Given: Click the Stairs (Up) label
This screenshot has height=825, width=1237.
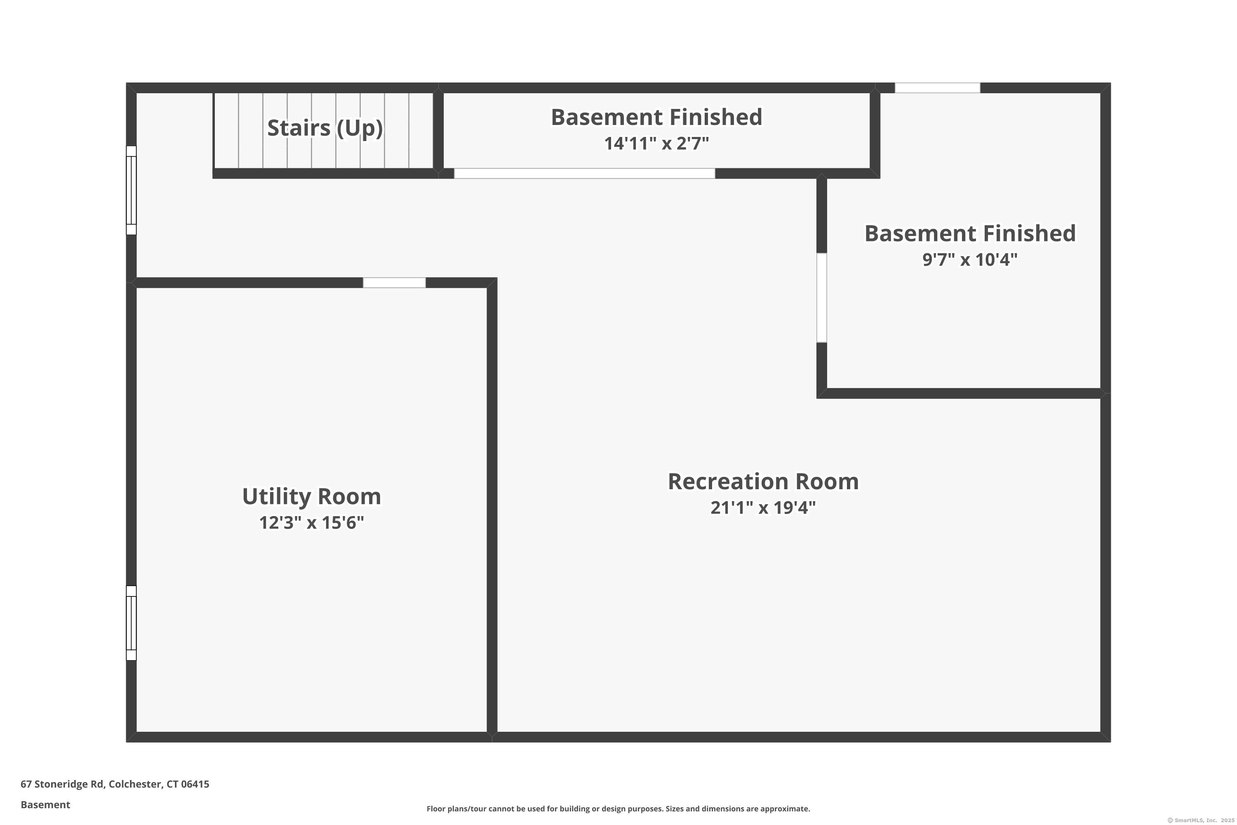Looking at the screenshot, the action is tap(325, 128).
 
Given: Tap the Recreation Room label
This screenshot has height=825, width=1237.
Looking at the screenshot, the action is tap(763, 481).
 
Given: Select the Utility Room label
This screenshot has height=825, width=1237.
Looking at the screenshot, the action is tap(311, 497).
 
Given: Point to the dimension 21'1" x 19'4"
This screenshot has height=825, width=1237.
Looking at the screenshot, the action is tap(763, 508).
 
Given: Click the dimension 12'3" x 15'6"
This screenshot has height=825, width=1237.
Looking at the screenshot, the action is tap(311, 523).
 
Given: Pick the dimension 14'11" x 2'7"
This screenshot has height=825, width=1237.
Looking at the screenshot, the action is tap(656, 144).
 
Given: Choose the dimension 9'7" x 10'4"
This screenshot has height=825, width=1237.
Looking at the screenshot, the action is tap(970, 260).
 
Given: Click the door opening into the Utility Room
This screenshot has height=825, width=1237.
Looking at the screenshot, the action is tap(395, 283).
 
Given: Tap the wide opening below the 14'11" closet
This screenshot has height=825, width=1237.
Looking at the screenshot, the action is tap(584, 174).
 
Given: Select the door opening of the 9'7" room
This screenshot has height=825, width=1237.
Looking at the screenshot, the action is tap(821, 298).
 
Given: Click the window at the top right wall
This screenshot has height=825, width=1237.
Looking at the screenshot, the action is tap(937, 88).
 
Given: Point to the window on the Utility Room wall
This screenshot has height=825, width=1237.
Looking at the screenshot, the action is tap(132, 623).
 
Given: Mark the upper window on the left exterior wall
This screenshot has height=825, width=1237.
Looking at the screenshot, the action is tap(132, 191).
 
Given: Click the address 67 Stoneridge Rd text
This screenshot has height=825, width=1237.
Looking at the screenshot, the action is tap(115, 784).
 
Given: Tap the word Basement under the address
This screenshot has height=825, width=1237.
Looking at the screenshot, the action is tap(45, 804).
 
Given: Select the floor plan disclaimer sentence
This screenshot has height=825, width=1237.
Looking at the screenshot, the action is tap(618, 808).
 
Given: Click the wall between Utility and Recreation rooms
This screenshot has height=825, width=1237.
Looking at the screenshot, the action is tap(492, 510).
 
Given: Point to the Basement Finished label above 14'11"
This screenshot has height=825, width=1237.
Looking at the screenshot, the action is tap(656, 117).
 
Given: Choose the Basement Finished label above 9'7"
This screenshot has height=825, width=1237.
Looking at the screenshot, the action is tap(970, 233).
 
